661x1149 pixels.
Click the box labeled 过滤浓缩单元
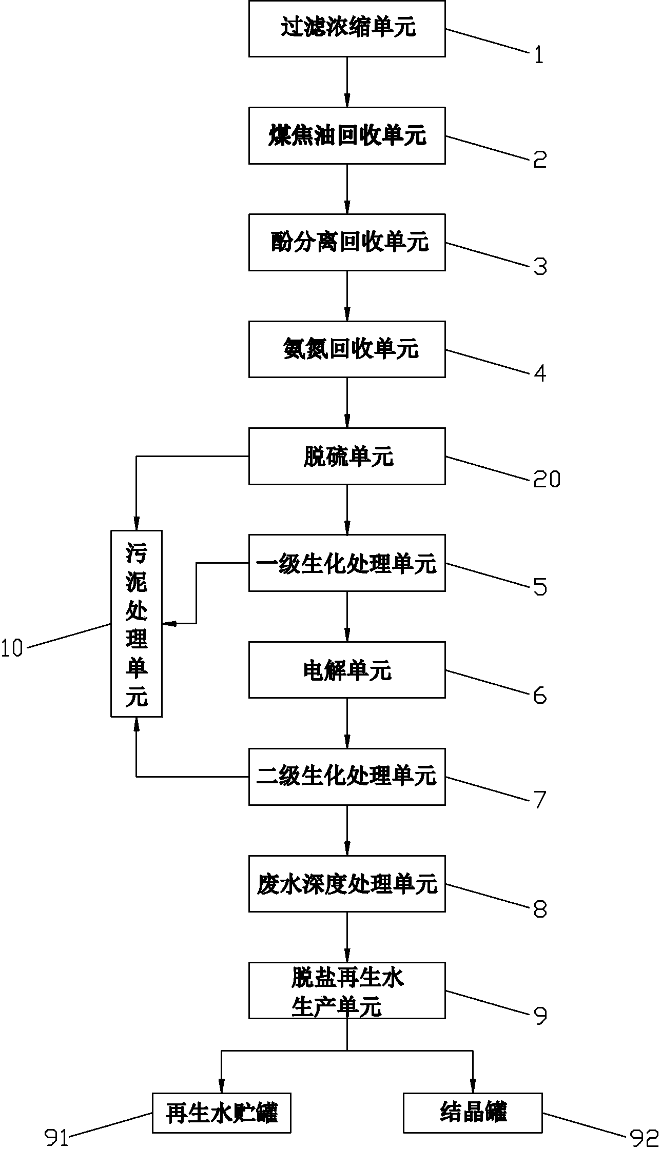(x=347, y=28)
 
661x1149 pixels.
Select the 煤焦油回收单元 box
(x=347, y=135)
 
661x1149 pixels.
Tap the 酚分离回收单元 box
(x=347, y=242)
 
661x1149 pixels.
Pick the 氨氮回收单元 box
(x=347, y=349)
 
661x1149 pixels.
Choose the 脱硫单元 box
(x=347, y=456)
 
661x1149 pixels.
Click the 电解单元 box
(x=347, y=670)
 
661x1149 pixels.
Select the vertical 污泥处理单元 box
(x=137, y=623)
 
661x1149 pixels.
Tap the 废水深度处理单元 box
(x=347, y=883)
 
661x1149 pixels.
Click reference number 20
(x=547, y=480)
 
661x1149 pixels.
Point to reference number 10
(x=12, y=649)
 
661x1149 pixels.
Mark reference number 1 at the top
(x=538, y=54)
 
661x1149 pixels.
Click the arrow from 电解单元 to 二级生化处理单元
(x=347, y=723)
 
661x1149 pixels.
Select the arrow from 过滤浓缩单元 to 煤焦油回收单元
(x=347, y=82)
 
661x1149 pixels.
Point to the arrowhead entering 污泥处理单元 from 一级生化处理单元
(x=169, y=623)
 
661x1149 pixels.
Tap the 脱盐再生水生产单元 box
(x=347, y=990)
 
